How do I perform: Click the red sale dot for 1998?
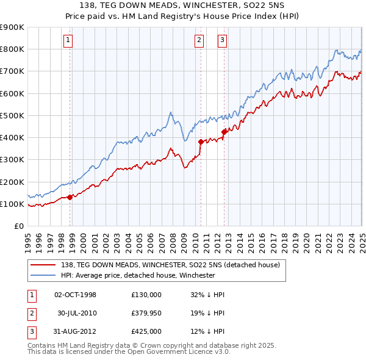point(70,197)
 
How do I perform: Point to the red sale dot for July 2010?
point(201,142)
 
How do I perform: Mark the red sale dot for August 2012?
point(224,131)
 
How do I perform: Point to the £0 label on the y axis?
point(20,226)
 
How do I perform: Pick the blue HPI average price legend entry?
point(138,275)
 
